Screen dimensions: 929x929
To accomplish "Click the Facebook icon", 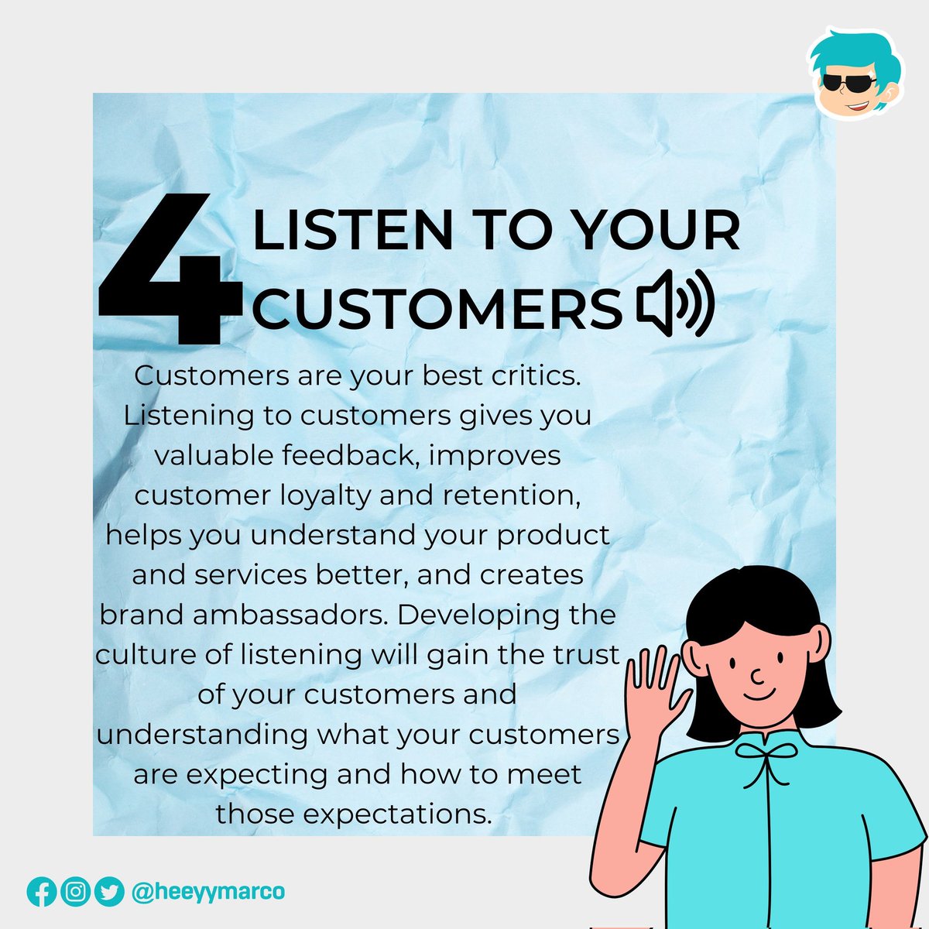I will tap(42, 892).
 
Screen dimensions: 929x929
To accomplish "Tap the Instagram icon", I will tap(75, 892).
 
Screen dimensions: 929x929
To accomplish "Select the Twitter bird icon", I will tap(109, 892).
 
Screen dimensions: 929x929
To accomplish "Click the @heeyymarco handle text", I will tap(208, 892).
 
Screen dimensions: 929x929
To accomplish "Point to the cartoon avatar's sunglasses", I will tap(848, 82).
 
